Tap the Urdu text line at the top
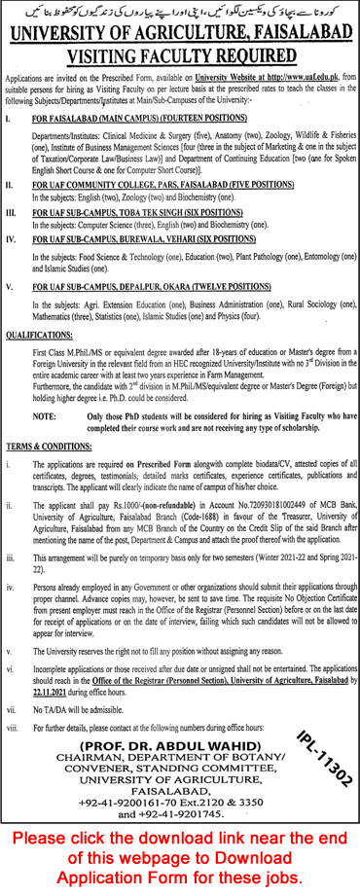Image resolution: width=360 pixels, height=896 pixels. click(180, 9)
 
